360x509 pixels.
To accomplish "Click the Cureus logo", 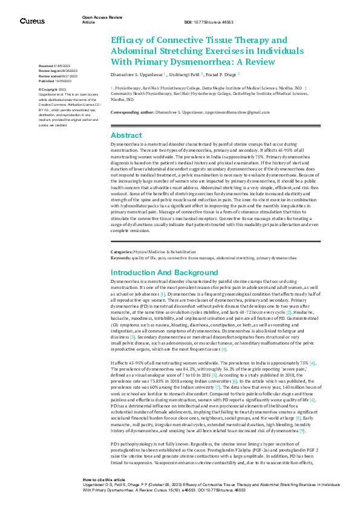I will (x=32, y=21).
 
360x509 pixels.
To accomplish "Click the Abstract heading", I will (x=127, y=135).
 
